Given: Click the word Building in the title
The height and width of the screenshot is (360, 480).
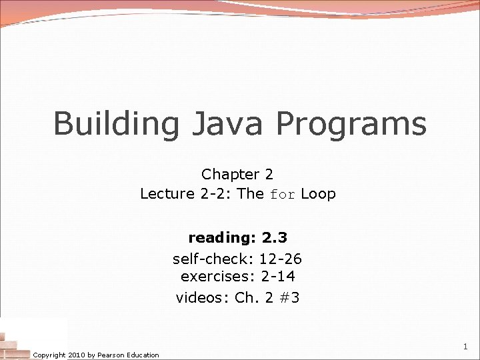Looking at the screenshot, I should click(115, 125).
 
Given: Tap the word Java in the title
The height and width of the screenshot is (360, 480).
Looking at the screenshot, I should click(226, 125).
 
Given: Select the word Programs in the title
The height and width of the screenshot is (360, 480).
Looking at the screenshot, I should click(351, 125).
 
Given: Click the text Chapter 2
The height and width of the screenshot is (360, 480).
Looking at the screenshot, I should click(237, 175).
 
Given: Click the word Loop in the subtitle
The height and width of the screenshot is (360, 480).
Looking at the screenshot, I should click(318, 194).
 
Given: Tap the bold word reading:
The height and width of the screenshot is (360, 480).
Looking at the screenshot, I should click(223, 238).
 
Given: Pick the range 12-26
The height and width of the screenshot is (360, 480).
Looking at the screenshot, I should click(280, 259).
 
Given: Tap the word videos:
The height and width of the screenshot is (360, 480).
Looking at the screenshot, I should click(203, 297).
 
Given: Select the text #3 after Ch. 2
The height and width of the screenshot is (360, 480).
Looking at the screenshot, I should click(289, 297).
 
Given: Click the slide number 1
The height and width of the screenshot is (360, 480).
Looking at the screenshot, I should click(465, 347).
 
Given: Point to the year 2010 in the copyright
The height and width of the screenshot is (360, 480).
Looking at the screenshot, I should click(77, 355).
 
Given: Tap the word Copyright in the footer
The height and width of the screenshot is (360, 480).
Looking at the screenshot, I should click(49, 355).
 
